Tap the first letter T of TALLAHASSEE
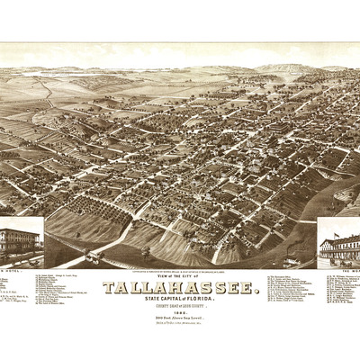coord(107,287)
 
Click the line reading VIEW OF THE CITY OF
coord(180,278)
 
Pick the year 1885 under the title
coord(181,314)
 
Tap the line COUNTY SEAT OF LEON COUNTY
coord(181,308)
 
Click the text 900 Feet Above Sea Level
coord(181,320)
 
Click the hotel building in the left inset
coord(18,242)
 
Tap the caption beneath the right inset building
coord(342,268)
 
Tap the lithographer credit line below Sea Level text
coord(181,326)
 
